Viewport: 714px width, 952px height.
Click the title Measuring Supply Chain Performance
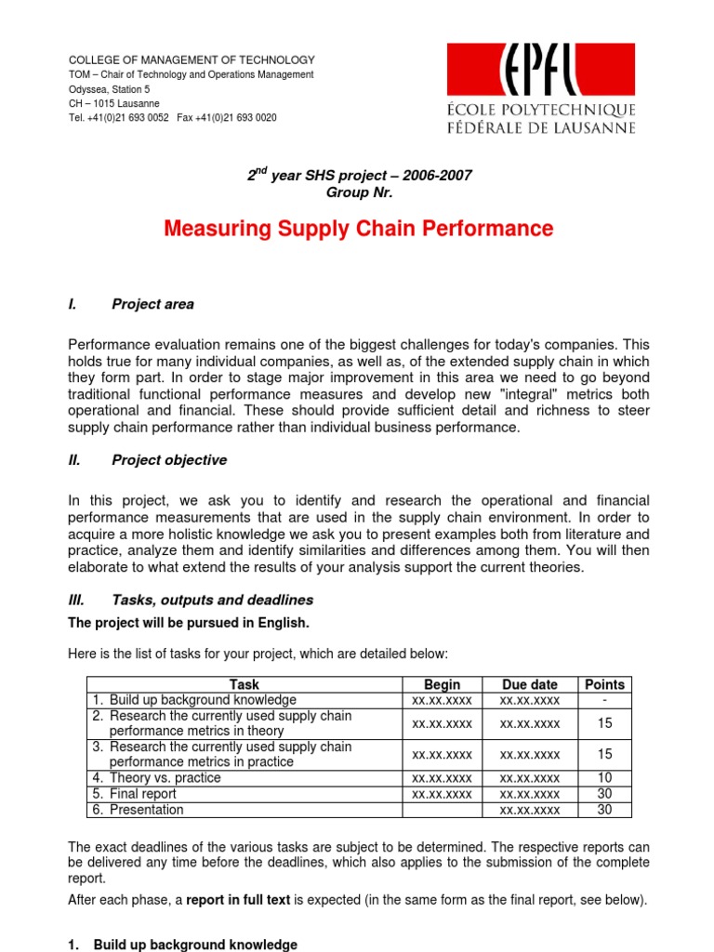click(x=358, y=229)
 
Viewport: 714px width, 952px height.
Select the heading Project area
click(x=152, y=304)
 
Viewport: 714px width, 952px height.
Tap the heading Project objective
click(x=168, y=460)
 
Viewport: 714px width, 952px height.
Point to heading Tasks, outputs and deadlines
click(x=212, y=600)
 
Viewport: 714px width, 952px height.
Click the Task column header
click(x=245, y=684)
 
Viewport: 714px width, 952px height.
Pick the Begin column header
click(x=442, y=684)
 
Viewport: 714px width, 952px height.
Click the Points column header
click(x=603, y=684)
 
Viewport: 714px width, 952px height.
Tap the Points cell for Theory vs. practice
click(x=603, y=778)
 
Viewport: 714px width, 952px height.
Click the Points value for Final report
click(x=603, y=794)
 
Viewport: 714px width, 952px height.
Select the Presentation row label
click(x=146, y=810)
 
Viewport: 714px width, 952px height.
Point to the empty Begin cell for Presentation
click(x=442, y=810)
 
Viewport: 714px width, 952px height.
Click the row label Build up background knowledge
click(x=203, y=699)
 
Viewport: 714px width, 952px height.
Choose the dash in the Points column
click(x=603, y=699)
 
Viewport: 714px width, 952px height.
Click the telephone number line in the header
click(x=172, y=118)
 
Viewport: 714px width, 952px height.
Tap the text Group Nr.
click(x=359, y=192)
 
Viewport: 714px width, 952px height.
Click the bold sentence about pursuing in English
click(x=189, y=623)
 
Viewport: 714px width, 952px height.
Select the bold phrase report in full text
click(x=241, y=899)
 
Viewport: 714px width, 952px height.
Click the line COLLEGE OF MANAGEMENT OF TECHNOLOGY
click(x=192, y=59)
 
